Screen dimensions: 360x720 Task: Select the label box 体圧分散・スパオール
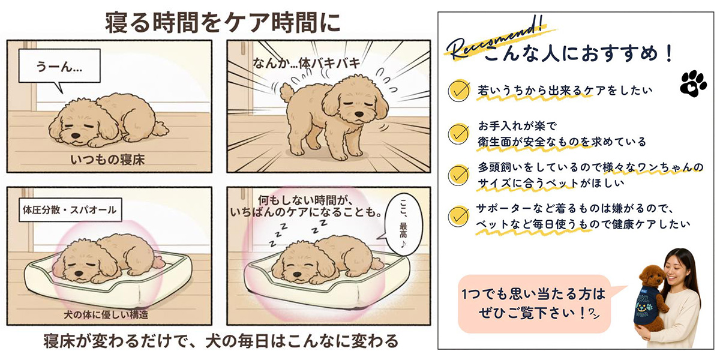[68, 211]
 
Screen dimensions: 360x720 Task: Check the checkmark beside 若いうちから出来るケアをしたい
[459, 91]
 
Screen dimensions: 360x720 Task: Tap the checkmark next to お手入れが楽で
[459, 132]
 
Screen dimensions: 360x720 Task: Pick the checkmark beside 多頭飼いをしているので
[459, 173]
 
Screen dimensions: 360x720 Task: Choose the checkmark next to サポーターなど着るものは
[459, 215]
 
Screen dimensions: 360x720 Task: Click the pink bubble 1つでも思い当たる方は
[533, 303]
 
